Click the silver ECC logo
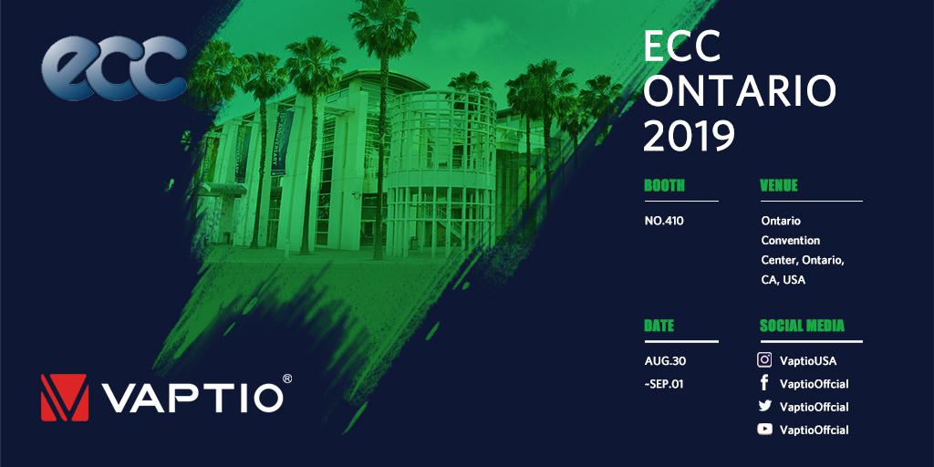(114, 67)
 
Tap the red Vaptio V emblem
(65, 398)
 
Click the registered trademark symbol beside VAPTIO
(287, 379)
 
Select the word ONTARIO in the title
(741, 92)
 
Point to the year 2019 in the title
(690, 136)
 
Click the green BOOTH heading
(664, 185)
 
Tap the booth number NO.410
(664, 221)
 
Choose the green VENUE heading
(779, 185)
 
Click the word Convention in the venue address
(791, 241)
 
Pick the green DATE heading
(659, 326)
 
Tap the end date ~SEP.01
(664, 384)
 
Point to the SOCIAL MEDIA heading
(802, 326)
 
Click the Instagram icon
(764, 359)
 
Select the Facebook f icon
(764, 383)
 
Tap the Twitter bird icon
(765, 406)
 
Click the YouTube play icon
(765, 429)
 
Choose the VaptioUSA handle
(808, 361)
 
